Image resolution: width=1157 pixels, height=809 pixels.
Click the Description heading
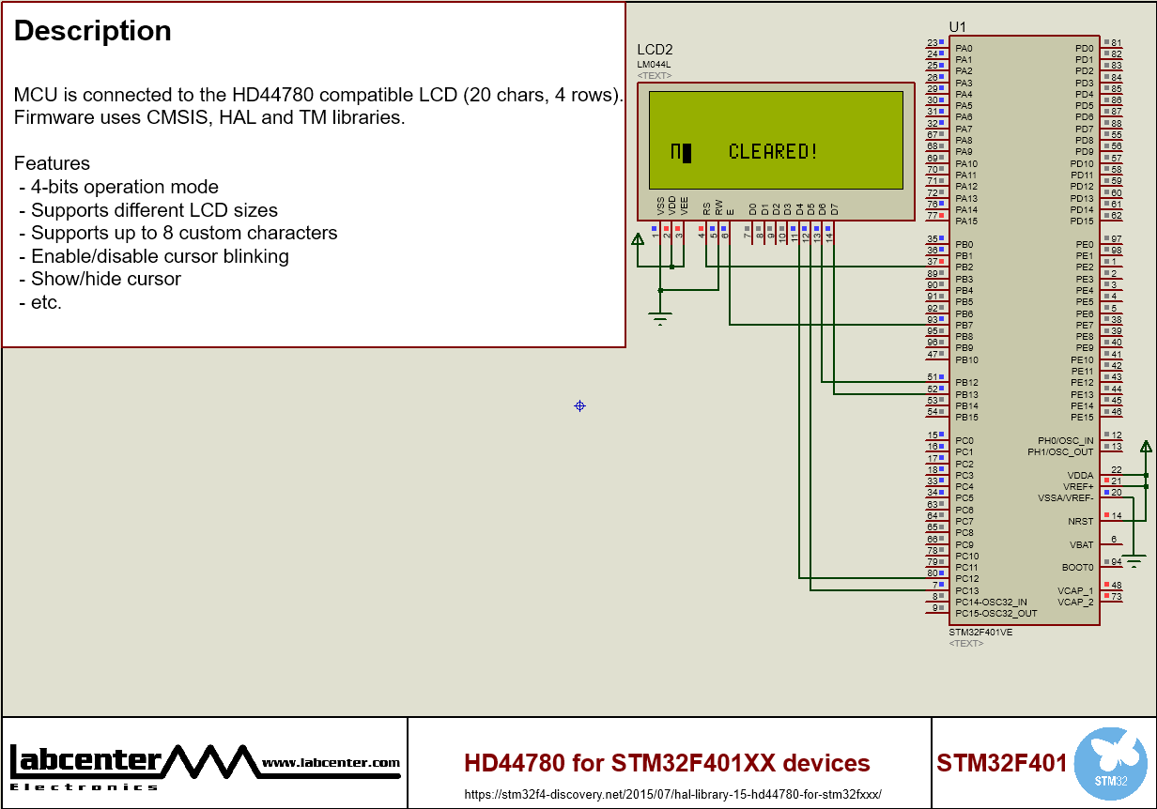tap(92, 31)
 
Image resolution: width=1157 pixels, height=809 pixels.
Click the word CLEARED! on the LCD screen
tap(773, 152)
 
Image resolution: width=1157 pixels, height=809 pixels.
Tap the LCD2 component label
tap(655, 50)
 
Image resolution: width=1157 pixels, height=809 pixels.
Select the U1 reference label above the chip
tap(957, 27)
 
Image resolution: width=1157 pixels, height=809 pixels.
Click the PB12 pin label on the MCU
tap(966, 383)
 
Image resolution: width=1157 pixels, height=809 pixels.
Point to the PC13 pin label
tap(966, 590)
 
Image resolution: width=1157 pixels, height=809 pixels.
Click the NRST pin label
tap(1080, 521)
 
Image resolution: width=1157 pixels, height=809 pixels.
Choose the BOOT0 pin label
tap(1077, 567)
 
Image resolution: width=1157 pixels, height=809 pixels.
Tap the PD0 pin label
tap(1084, 48)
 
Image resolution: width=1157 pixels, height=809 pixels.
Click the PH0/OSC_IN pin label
tap(1065, 440)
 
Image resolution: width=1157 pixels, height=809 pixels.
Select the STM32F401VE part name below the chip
tap(980, 633)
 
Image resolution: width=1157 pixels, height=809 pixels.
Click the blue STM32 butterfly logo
tap(1110, 763)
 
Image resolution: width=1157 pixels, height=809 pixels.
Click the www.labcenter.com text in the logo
tap(331, 763)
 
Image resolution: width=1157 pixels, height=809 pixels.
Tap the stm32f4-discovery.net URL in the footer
tap(672, 794)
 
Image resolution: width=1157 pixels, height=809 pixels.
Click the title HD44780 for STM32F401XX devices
tap(667, 763)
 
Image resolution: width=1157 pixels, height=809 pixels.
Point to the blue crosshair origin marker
tap(579, 405)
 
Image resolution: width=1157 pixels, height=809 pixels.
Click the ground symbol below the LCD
tap(660, 319)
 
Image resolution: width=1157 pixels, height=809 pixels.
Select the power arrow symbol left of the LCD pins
tap(638, 239)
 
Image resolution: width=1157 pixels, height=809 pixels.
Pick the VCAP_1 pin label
tap(1075, 590)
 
